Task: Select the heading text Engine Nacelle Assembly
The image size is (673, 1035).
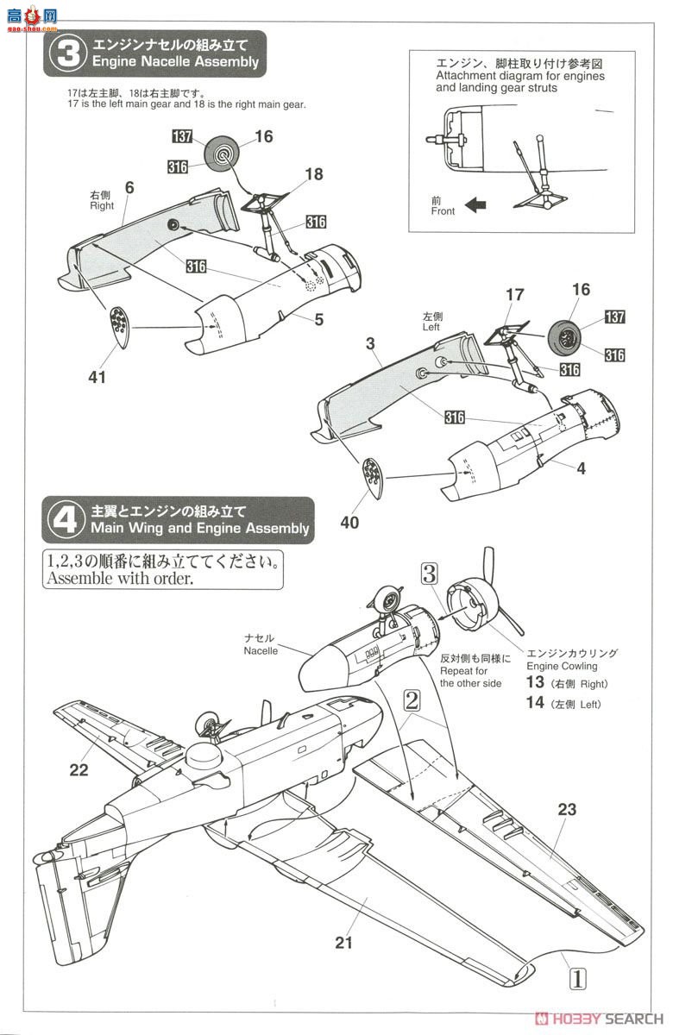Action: click(173, 62)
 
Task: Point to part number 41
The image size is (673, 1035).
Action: click(97, 377)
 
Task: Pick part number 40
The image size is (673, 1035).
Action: click(349, 522)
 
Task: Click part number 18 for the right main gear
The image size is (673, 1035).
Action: click(313, 174)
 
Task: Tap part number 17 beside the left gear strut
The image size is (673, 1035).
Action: click(514, 295)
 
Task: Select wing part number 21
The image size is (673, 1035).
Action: click(344, 943)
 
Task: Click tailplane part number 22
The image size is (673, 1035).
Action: click(79, 770)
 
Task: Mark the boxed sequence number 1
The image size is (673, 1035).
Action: click(577, 979)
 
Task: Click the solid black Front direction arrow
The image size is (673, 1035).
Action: click(475, 205)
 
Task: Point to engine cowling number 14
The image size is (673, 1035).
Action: click(535, 703)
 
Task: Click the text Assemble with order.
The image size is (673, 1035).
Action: click(120, 579)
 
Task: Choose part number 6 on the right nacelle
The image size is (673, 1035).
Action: click(129, 188)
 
